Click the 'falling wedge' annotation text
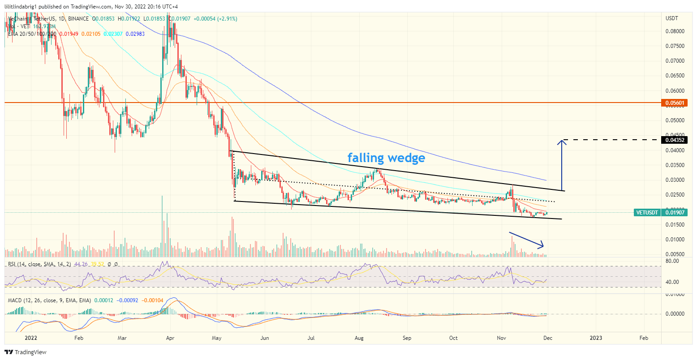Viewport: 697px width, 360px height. coord(386,158)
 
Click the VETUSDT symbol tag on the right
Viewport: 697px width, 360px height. coord(646,213)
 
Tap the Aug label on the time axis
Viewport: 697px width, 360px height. coord(358,338)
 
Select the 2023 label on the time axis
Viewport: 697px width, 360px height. coord(595,338)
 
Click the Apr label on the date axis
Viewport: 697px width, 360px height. coord(170,338)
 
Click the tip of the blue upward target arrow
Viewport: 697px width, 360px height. coord(561,141)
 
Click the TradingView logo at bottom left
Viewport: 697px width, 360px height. coord(26,352)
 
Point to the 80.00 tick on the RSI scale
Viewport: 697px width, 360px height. coord(672,261)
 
